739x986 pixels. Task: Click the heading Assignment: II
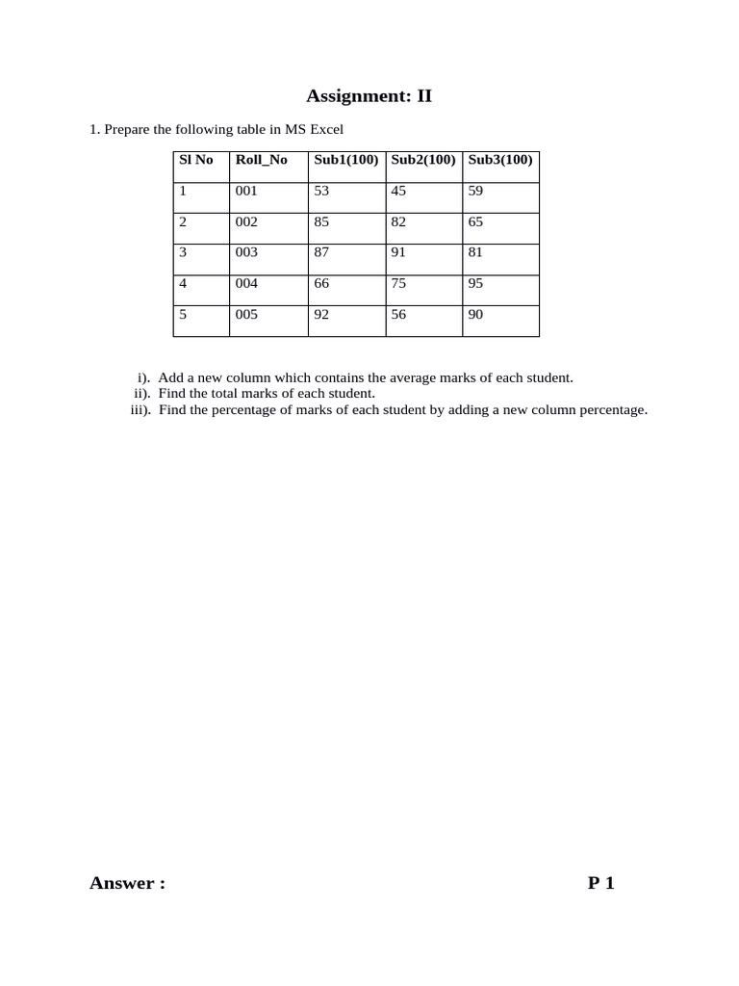(369, 95)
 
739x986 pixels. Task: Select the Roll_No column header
(261, 160)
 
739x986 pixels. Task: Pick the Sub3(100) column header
(500, 160)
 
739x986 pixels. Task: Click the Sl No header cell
(196, 160)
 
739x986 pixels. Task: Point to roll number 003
(246, 252)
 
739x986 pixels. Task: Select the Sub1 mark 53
(321, 191)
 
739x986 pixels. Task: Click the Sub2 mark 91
(398, 252)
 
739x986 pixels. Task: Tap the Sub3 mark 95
(475, 283)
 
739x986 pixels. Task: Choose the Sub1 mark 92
(321, 314)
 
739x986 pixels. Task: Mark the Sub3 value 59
(475, 191)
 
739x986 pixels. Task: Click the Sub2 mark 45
(398, 191)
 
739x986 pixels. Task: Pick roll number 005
(246, 314)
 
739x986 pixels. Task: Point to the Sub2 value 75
(398, 283)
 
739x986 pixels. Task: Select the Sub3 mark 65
(475, 221)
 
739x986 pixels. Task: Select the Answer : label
(127, 883)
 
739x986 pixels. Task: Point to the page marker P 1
(600, 883)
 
